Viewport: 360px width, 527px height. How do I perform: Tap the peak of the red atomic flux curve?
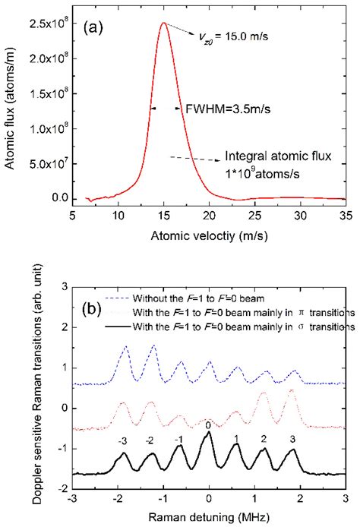(163, 23)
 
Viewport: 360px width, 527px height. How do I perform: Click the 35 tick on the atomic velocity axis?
(345, 216)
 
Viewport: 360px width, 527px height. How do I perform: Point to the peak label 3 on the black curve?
(292, 440)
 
